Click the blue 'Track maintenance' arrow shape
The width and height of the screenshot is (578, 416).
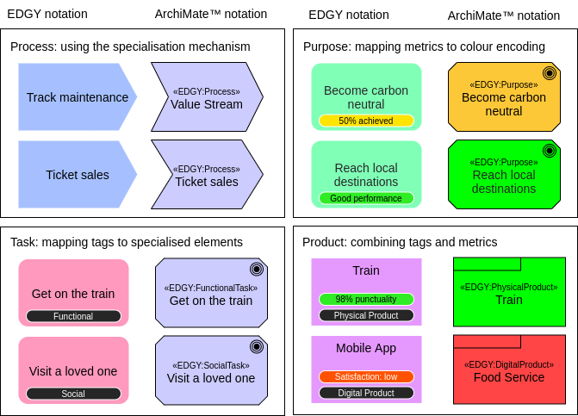pos(77,97)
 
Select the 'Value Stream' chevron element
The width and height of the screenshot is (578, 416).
pos(207,97)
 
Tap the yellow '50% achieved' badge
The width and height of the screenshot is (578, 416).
pos(366,121)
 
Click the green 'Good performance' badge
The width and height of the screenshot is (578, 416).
pos(366,198)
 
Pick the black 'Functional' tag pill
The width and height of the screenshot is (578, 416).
pos(73,316)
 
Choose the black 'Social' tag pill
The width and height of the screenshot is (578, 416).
pos(73,394)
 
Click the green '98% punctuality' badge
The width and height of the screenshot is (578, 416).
pos(366,299)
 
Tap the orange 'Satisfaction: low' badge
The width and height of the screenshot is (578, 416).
pos(366,376)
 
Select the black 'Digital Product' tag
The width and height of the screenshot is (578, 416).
pos(366,393)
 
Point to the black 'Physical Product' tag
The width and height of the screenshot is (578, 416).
pos(366,315)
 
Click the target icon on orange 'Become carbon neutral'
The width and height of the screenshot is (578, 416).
pos(549,73)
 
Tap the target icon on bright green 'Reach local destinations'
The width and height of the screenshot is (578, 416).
pos(549,151)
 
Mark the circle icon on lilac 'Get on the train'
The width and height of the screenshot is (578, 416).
pos(256,269)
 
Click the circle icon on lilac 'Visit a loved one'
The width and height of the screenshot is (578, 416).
pos(256,346)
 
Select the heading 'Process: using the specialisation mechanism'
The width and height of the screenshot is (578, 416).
pos(130,47)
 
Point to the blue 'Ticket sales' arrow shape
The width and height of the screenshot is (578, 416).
pos(77,175)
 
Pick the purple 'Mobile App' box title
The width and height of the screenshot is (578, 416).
pos(366,348)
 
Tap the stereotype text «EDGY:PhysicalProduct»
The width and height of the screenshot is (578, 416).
pos(509,287)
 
